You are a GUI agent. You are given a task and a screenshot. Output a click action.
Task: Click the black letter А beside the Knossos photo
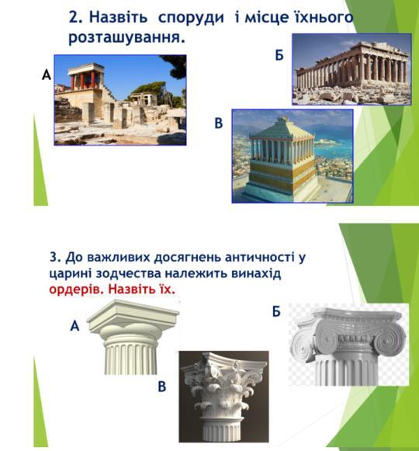[x=47, y=75]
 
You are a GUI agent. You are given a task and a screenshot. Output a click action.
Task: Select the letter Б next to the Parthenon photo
[x=279, y=55]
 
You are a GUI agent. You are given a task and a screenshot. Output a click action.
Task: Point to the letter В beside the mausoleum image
[x=219, y=123]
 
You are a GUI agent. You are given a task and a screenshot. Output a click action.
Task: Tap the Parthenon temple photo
[x=351, y=69]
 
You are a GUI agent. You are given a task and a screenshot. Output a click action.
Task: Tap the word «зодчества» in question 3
[x=128, y=273]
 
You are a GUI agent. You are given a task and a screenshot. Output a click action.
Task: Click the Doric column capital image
[x=133, y=337]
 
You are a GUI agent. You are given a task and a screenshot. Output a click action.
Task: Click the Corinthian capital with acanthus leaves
[x=224, y=397]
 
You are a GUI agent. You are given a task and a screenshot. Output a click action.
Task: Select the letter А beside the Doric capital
[x=74, y=326]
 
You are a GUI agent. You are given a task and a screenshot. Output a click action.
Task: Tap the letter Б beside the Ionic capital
[x=276, y=311]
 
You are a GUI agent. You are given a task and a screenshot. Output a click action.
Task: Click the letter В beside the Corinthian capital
[x=162, y=387]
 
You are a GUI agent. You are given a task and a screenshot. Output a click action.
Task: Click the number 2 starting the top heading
[x=75, y=17]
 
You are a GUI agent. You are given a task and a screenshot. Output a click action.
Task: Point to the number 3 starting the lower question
[x=54, y=257]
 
